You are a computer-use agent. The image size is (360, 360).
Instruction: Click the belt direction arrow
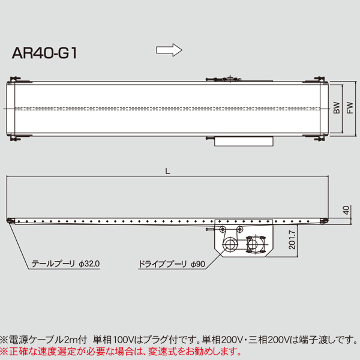tap(169, 50)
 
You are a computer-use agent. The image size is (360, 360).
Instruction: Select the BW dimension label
tap(337, 109)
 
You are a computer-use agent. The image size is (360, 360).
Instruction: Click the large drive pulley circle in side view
tap(230, 245)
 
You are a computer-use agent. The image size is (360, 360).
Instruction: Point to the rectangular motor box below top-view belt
tap(245, 141)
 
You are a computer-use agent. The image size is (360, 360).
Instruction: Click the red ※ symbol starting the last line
tap(5, 351)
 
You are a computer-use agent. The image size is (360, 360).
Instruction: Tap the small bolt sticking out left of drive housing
tap(209, 229)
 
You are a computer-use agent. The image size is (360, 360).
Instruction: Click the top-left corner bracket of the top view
tap(15, 80)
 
